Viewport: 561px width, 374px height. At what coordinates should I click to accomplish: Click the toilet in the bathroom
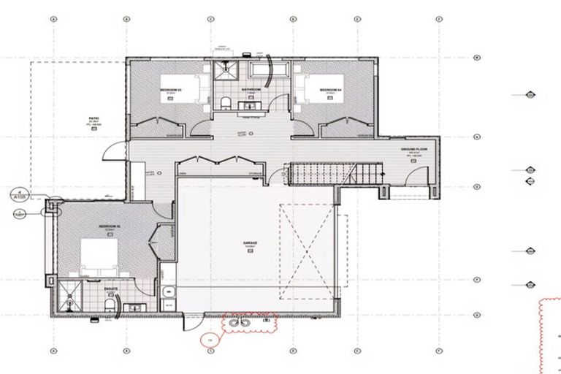coord(226,101)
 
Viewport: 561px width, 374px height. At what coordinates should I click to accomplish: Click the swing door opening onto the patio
coord(111,150)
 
